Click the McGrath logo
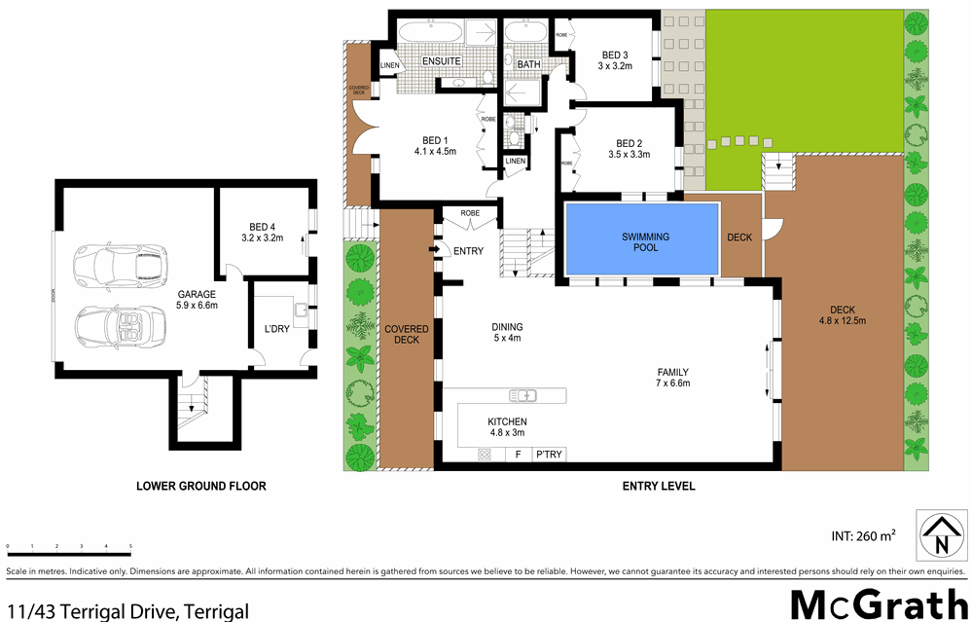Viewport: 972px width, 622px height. pos(875,603)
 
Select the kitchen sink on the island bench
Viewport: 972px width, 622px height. pos(522,395)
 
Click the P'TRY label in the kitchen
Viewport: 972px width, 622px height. pos(549,455)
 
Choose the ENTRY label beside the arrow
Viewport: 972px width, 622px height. pos(468,251)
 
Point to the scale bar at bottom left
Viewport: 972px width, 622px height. pos(68,547)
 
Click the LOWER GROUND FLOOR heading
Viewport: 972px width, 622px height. pos(200,486)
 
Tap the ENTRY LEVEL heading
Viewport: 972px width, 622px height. pos(658,486)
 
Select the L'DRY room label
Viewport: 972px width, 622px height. pos(277,329)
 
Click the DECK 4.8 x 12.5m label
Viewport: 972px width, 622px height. pos(842,314)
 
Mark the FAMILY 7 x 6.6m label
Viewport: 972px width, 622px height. pos(673,377)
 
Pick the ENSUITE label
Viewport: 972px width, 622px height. pos(441,62)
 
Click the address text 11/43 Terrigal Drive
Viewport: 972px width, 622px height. pos(126,611)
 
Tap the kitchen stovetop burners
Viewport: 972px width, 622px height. pos(484,455)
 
